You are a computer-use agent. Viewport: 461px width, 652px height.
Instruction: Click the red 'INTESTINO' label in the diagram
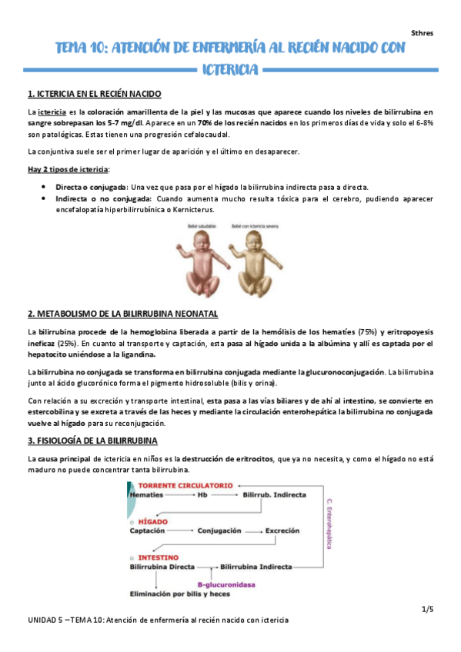tap(156, 556)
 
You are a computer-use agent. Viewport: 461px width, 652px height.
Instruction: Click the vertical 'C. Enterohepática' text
tap(329, 523)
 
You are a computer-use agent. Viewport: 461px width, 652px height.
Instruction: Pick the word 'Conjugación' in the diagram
tap(219, 531)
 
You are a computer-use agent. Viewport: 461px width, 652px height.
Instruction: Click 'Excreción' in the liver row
tap(286, 531)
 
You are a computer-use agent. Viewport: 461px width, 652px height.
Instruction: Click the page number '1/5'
tap(427, 610)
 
